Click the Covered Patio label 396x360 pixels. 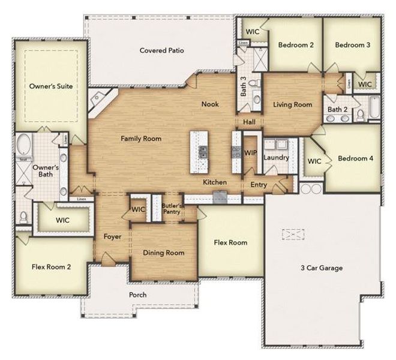click(x=161, y=50)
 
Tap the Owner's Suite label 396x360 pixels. click(x=51, y=86)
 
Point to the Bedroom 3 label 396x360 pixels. click(x=352, y=44)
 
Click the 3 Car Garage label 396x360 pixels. click(x=322, y=268)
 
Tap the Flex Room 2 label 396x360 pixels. click(x=51, y=266)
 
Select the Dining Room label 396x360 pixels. click(x=163, y=253)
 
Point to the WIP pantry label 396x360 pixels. click(x=250, y=153)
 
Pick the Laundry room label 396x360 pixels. click(x=276, y=158)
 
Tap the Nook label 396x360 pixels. click(x=210, y=104)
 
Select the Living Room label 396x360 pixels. click(x=292, y=105)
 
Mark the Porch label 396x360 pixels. click(x=137, y=295)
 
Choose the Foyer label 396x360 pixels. click(x=112, y=236)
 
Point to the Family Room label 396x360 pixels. click(x=141, y=139)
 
